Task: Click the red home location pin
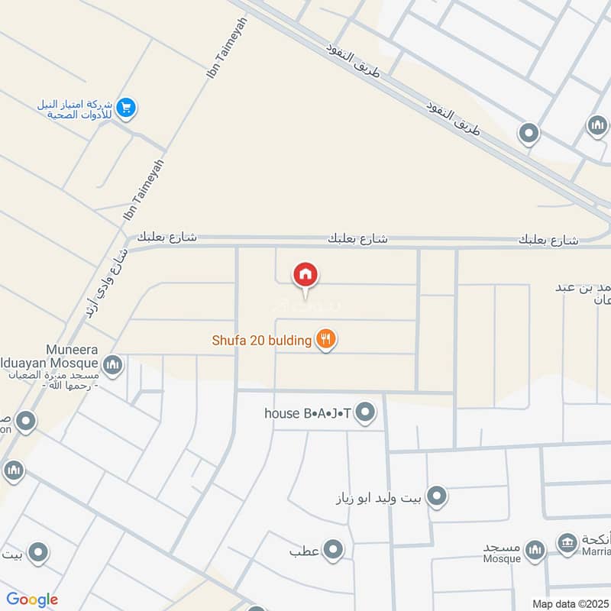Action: (x=305, y=276)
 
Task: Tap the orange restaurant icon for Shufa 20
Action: (x=326, y=340)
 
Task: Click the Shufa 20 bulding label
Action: (x=261, y=341)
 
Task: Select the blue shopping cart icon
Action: (x=127, y=108)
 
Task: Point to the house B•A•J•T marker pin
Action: (x=367, y=413)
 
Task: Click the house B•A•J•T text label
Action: (x=307, y=414)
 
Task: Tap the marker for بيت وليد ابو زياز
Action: (x=436, y=497)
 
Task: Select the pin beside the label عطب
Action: (x=333, y=549)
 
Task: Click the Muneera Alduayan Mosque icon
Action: (x=113, y=365)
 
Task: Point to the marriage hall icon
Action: (x=567, y=543)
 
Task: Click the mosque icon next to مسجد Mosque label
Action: (x=535, y=549)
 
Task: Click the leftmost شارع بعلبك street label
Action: (x=167, y=238)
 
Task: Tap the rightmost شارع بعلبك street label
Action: (x=548, y=241)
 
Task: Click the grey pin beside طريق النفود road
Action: (x=528, y=134)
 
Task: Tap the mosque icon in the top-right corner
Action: (x=597, y=124)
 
